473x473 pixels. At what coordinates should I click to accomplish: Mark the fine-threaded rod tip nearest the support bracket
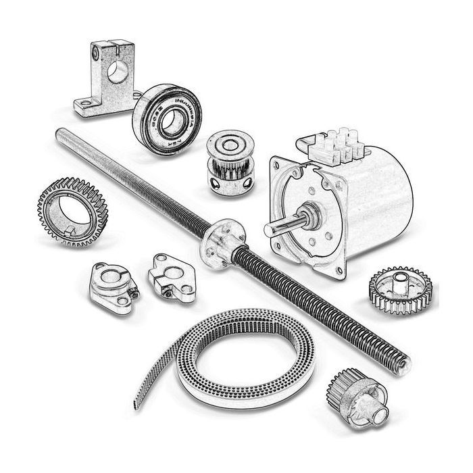click(x=61, y=133)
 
